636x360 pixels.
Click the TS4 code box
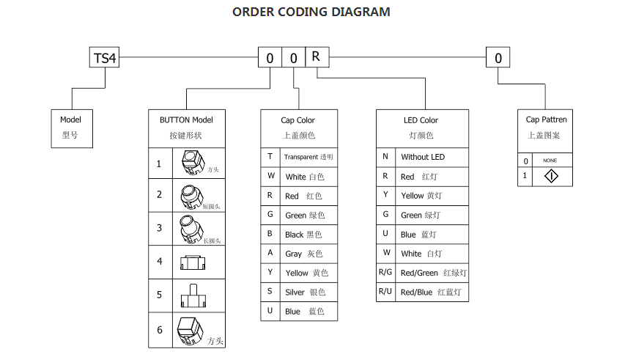point(105,58)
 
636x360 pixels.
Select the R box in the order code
point(316,57)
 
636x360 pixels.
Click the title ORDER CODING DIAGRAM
point(311,12)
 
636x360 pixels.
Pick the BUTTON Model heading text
point(186,120)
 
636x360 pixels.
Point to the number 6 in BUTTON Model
point(160,330)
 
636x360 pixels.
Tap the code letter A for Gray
point(270,254)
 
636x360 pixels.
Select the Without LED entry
point(423,157)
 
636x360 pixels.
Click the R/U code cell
point(385,292)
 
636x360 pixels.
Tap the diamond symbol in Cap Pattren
point(550,177)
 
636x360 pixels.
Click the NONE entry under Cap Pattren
point(550,161)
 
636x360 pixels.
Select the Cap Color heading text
point(297,120)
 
